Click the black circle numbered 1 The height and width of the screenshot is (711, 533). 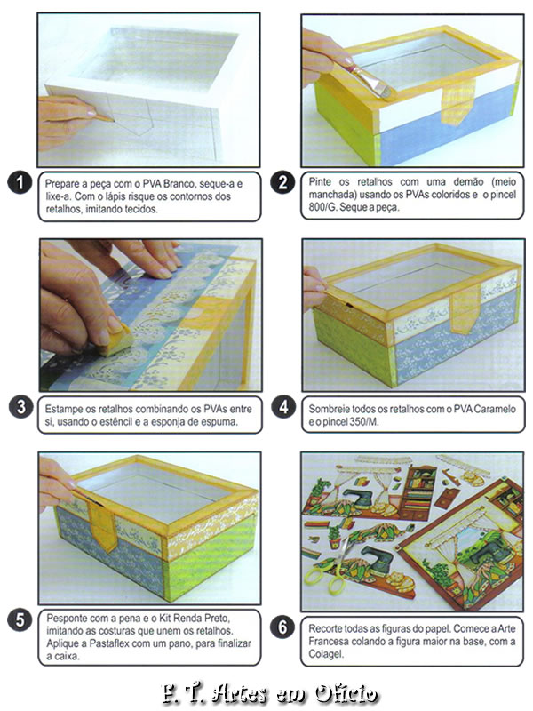point(20,182)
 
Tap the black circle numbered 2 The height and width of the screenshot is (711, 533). point(282,182)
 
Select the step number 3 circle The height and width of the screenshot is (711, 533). point(20,407)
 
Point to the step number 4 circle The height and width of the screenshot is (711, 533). point(283,407)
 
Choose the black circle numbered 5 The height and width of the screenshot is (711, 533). point(20,619)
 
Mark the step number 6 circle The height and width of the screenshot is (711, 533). point(282,627)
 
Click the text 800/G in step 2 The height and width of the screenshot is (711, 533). point(319,207)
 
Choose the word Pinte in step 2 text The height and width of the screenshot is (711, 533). point(319,182)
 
